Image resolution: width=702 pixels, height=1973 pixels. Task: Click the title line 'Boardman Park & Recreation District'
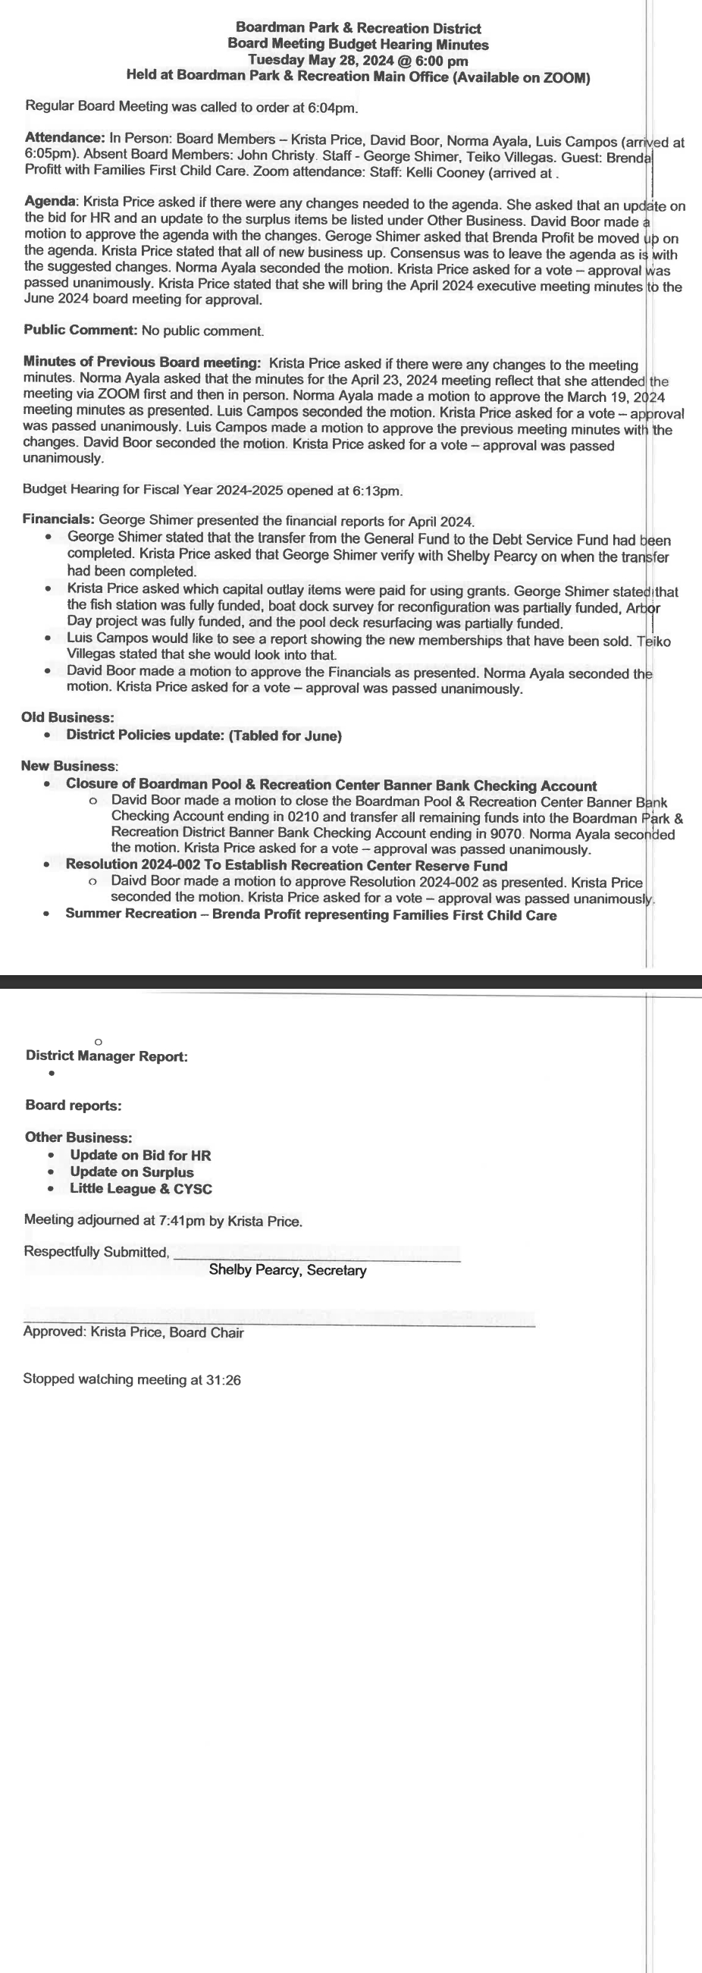359,28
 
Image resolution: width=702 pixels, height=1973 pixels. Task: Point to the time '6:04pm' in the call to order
335,107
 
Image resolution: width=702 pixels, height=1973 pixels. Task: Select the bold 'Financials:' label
58,519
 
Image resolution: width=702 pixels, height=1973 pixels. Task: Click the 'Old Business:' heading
67,717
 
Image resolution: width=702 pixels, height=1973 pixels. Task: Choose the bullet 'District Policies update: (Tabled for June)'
204,736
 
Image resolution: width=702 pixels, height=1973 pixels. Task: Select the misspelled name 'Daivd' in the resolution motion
127,882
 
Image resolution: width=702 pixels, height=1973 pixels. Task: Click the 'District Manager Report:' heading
106,1056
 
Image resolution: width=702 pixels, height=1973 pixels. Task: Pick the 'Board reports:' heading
74,1106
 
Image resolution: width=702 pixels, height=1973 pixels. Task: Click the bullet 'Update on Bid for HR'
140,1155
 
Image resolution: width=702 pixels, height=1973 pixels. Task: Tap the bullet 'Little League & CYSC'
141,1189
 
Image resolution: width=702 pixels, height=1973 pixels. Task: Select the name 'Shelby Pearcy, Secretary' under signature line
287,1270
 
